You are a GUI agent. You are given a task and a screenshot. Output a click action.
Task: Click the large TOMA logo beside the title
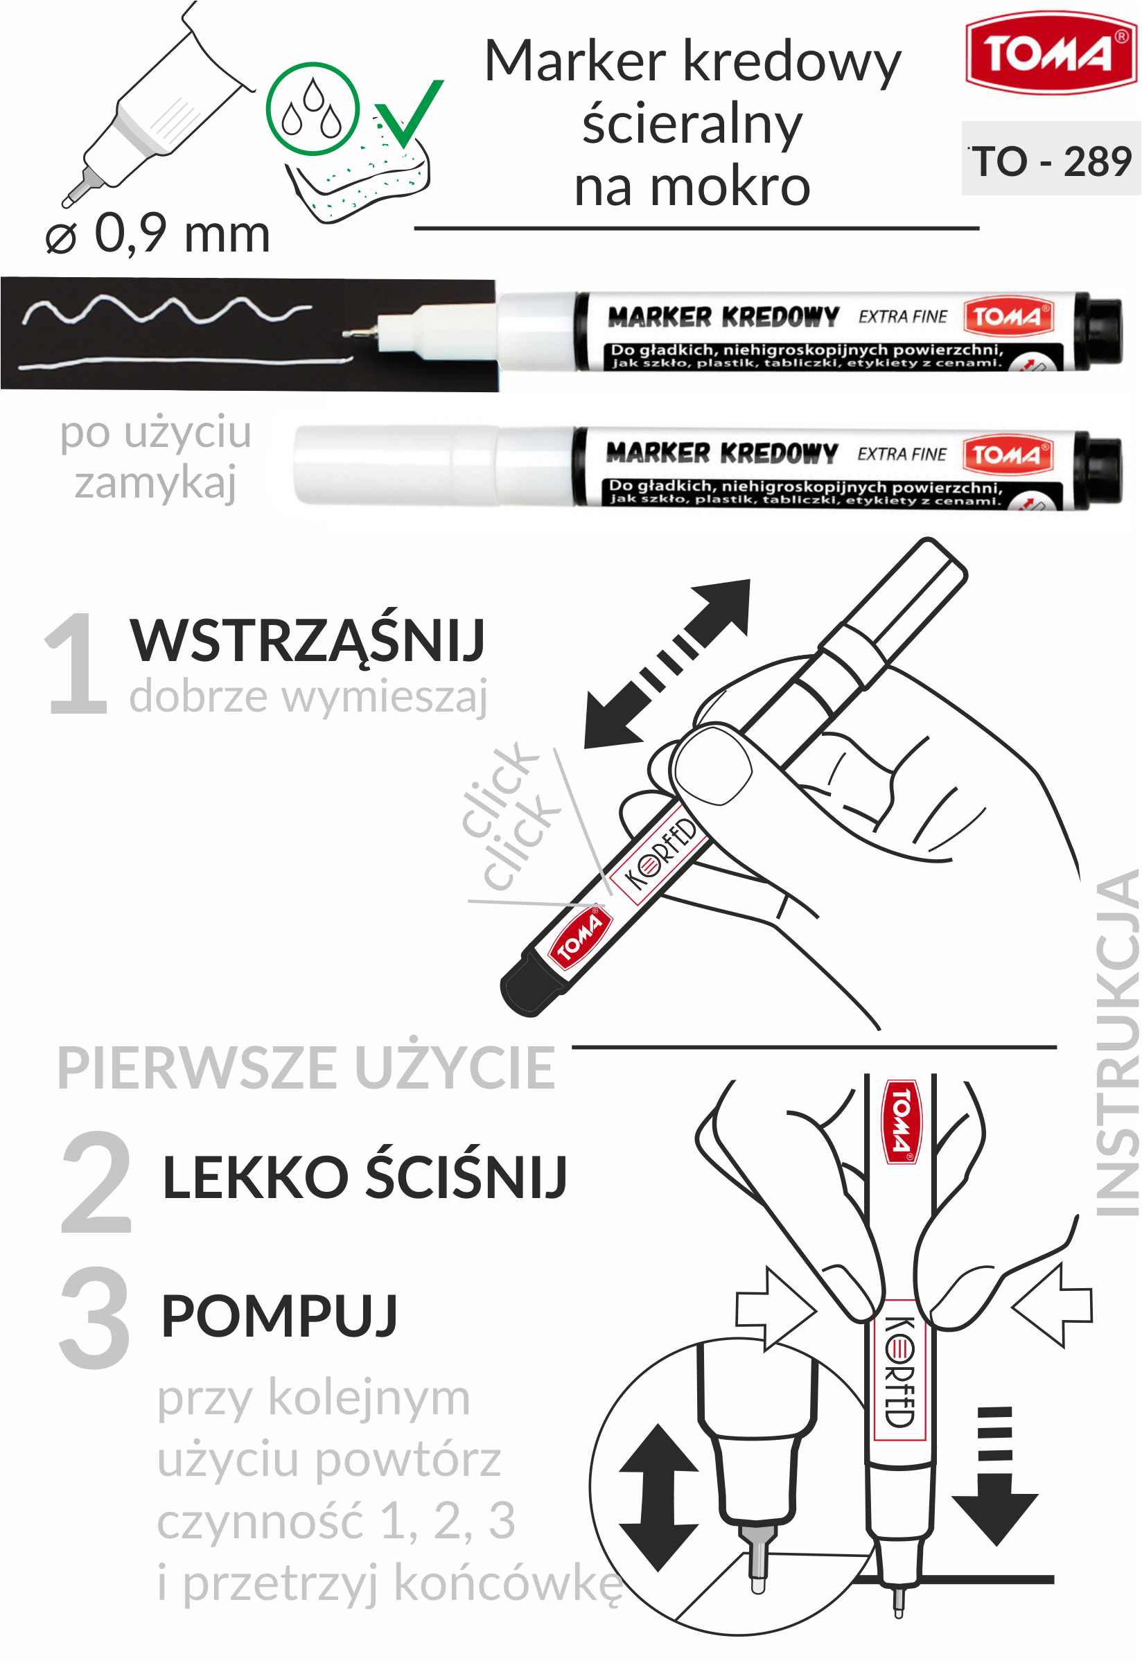[x=1051, y=53]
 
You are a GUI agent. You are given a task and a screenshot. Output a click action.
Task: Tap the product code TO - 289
[x=1051, y=161]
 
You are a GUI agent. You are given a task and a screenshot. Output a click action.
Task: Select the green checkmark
[x=409, y=113]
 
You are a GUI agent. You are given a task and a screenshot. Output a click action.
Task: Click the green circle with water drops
[x=313, y=109]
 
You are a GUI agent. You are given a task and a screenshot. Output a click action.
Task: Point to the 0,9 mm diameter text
[x=157, y=234]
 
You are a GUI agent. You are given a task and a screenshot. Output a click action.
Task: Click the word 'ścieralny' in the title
[x=692, y=124]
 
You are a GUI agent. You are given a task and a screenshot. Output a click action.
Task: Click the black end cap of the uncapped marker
[x=1098, y=331]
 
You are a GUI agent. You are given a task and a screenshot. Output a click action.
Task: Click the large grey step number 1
[x=76, y=664]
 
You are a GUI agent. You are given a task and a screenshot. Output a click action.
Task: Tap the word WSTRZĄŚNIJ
[x=308, y=640]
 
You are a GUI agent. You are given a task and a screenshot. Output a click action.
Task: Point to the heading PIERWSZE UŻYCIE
[x=306, y=1068]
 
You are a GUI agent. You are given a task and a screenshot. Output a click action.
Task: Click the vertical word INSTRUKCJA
[x=1117, y=1043]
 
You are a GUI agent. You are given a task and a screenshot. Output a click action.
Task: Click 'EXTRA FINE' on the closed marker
[x=902, y=455]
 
